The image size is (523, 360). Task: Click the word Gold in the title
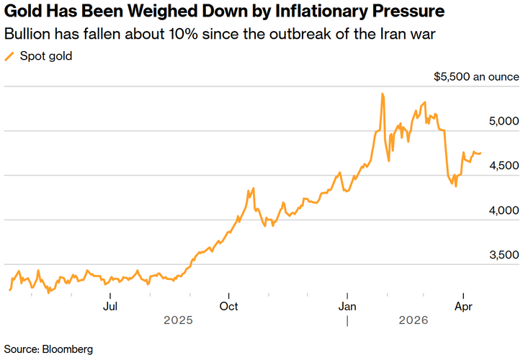[x=24, y=12]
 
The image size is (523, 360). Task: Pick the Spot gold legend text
[x=45, y=56]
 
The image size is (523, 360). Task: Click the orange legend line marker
[x=9, y=56]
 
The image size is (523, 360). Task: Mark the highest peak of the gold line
[x=383, y=94]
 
